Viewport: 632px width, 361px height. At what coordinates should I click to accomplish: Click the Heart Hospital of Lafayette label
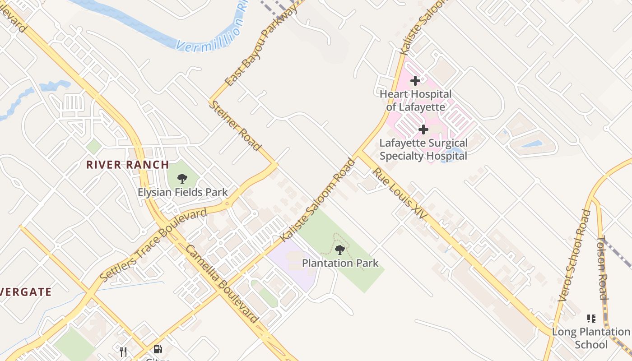point(415,101)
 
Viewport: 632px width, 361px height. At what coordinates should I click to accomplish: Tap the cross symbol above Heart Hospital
point(415,81)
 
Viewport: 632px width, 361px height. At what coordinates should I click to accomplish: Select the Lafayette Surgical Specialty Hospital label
point(423,149)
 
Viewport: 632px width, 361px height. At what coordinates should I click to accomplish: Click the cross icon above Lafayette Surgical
point(423,130)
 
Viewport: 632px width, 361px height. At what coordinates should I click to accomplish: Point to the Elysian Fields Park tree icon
point(182,178)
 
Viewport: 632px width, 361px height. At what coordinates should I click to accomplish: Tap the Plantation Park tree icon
point(340,249)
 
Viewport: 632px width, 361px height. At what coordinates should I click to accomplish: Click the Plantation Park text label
point(340,263)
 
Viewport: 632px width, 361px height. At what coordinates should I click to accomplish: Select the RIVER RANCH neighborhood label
point(128,165)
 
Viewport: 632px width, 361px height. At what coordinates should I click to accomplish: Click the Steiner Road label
point(235,125)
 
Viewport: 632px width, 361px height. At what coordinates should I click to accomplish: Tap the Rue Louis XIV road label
point(399,194)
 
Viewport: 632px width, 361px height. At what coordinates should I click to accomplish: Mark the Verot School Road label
point(574,255)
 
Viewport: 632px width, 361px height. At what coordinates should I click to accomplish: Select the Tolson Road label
point(602,268)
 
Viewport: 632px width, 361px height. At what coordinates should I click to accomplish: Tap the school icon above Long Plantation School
point(591,319)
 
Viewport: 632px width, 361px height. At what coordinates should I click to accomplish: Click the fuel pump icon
point(158,349)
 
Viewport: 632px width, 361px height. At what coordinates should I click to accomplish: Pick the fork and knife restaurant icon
point(123,351)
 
